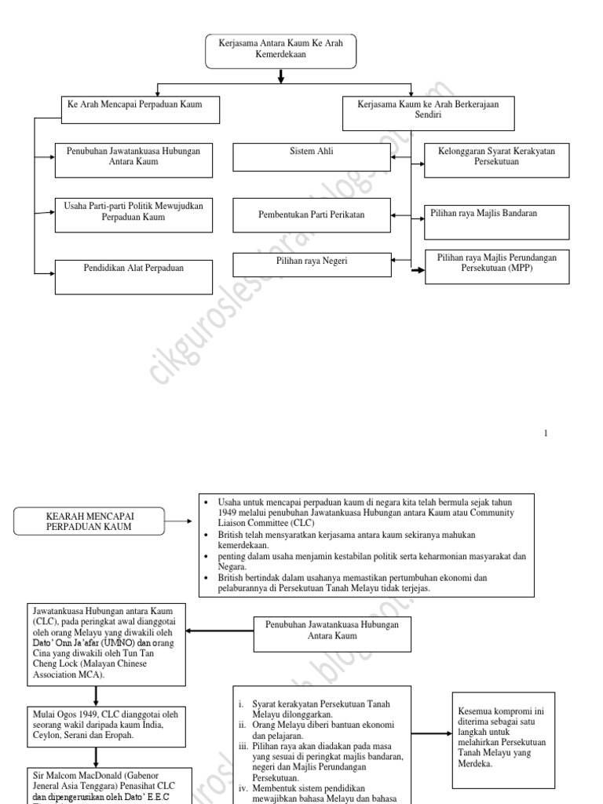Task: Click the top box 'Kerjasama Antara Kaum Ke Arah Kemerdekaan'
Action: pos(280,51)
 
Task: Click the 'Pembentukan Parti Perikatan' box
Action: pos(312,215)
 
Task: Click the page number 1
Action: pos(546,434)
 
